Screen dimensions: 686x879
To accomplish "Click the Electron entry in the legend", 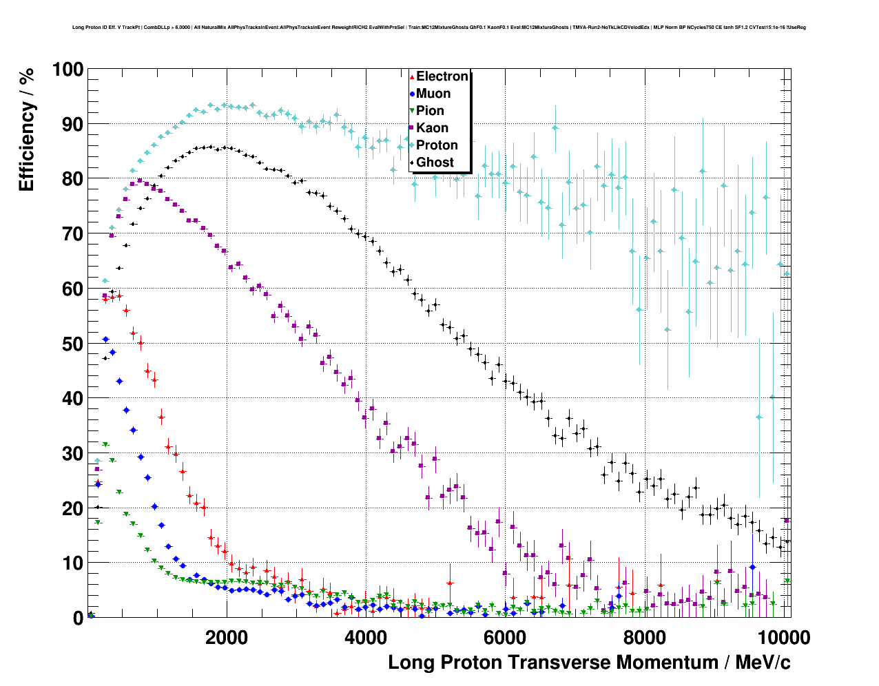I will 442,76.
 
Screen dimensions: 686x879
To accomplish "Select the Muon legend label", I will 433,94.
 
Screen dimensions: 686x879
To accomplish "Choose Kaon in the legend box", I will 432,128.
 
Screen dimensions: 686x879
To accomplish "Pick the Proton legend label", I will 437,145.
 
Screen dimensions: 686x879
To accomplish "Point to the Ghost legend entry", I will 435,163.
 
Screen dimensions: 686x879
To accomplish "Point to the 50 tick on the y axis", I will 72,344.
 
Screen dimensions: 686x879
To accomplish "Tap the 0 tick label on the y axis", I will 78,618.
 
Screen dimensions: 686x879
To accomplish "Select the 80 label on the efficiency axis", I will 72,179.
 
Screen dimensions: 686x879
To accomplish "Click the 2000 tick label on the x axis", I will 227,637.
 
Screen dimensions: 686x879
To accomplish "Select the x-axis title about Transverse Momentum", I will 589,663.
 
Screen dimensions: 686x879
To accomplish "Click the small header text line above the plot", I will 439,28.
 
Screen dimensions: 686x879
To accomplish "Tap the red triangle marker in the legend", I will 412,76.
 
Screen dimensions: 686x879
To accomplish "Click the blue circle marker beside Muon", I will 412,94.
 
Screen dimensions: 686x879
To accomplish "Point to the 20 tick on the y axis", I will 72,508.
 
